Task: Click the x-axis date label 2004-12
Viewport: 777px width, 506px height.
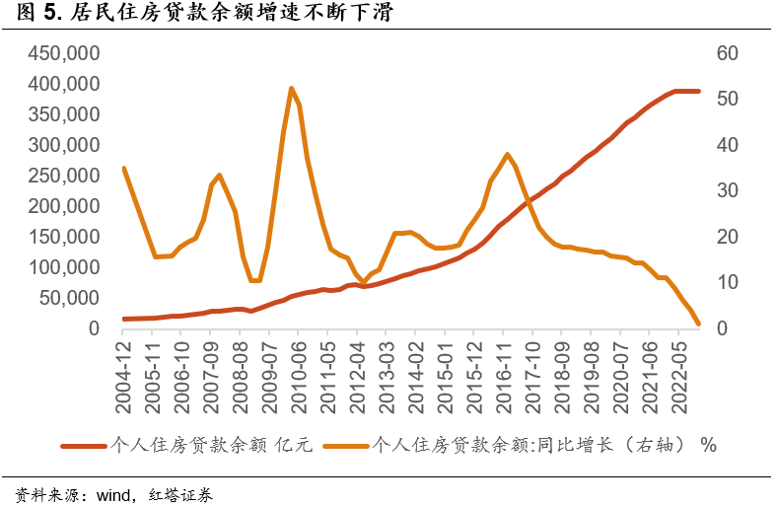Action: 124,366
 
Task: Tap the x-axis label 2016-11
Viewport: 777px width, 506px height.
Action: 505,366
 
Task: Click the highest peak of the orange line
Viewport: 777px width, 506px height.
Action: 292,88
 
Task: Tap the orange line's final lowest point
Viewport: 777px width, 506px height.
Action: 698,324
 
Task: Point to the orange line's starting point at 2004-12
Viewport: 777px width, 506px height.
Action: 124,169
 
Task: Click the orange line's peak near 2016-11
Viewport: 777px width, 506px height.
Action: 507,154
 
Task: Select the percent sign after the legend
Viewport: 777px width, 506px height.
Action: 708,446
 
